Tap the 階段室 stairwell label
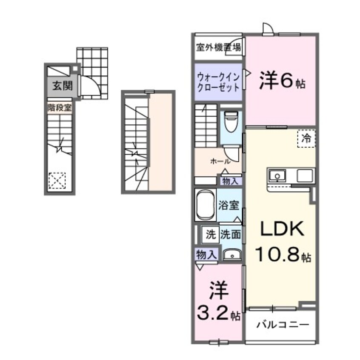coord(59,107)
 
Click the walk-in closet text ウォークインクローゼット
coord(218,82)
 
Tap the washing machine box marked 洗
coord(210,234)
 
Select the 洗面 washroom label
coord(231,234)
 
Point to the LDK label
coord(281,230)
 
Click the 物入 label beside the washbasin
coord(207,255)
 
